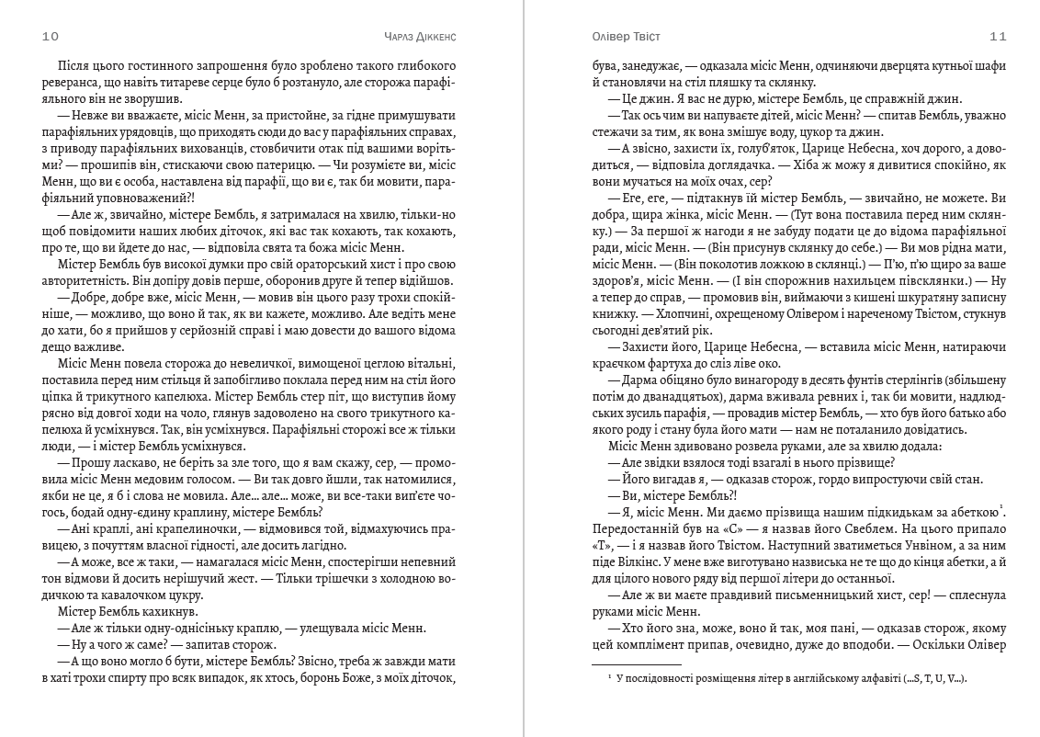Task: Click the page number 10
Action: coord(51,38)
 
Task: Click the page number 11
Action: coord(999,38)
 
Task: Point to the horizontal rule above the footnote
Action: coord(635,663)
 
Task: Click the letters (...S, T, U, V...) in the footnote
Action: coord(902,678)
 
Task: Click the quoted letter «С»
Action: coord(691,528)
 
